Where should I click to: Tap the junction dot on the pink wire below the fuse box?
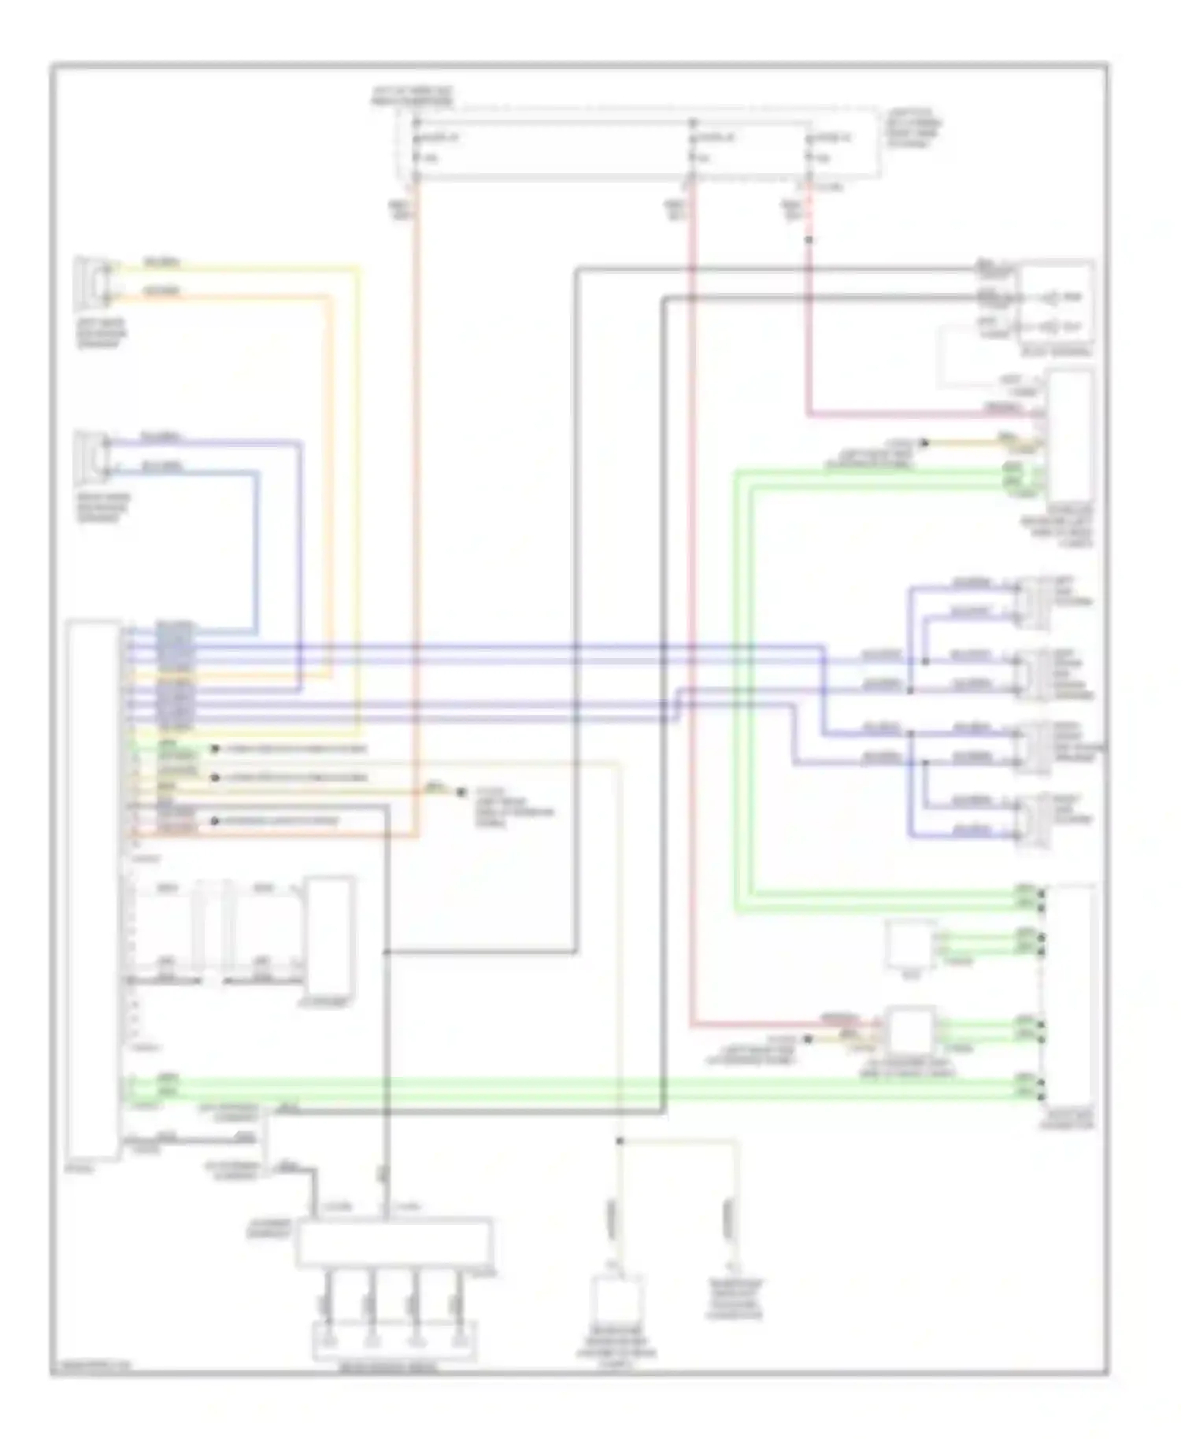[x=809, y=239]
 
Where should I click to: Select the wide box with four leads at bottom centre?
[x=394, y=1243]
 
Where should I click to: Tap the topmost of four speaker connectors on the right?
[x=1033, y=602]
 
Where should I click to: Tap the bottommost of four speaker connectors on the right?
[x=1033, y=821]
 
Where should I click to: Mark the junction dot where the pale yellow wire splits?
[x=620, y=1141]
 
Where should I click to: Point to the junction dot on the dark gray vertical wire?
[x=387, y=953]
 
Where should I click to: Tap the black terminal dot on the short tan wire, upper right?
[x=925, y=443]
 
